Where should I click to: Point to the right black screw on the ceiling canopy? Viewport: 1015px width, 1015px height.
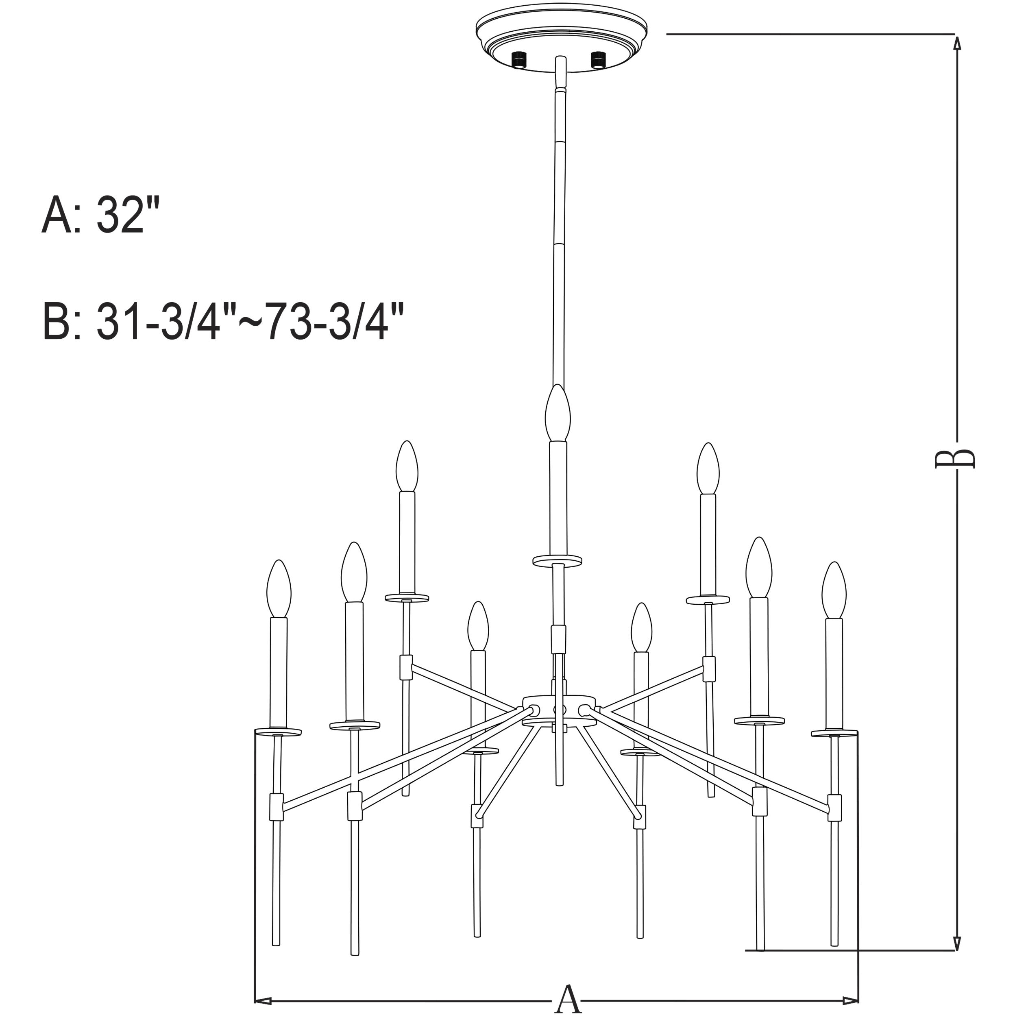click(598, 59)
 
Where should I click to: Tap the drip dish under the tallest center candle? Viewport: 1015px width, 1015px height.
click(558, 560)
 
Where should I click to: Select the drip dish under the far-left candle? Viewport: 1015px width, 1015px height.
click(278, 731)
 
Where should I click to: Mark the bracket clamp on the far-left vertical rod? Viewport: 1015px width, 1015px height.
click(277, 807)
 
